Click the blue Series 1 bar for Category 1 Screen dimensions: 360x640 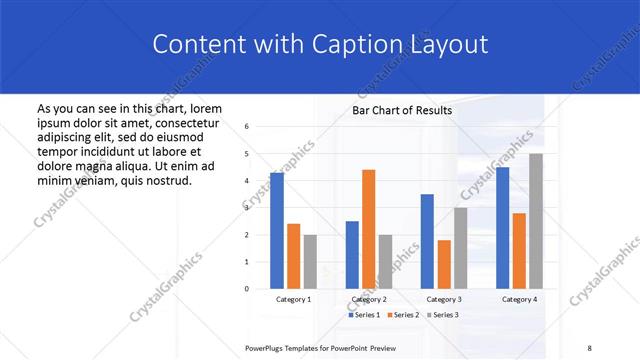coord(276,230)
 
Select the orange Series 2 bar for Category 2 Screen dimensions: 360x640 coord(368,229)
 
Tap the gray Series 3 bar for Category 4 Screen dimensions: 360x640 coord(536,221)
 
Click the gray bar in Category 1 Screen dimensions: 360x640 coord(310,261)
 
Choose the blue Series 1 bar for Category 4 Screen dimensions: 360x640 coord(502,227)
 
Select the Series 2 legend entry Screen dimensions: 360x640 coord(404,315)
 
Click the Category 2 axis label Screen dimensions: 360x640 coord(369,299)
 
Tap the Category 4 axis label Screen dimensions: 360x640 coord(519,299)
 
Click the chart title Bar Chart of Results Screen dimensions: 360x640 coord(402,110)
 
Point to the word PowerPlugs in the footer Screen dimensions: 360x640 coord(265,347)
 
